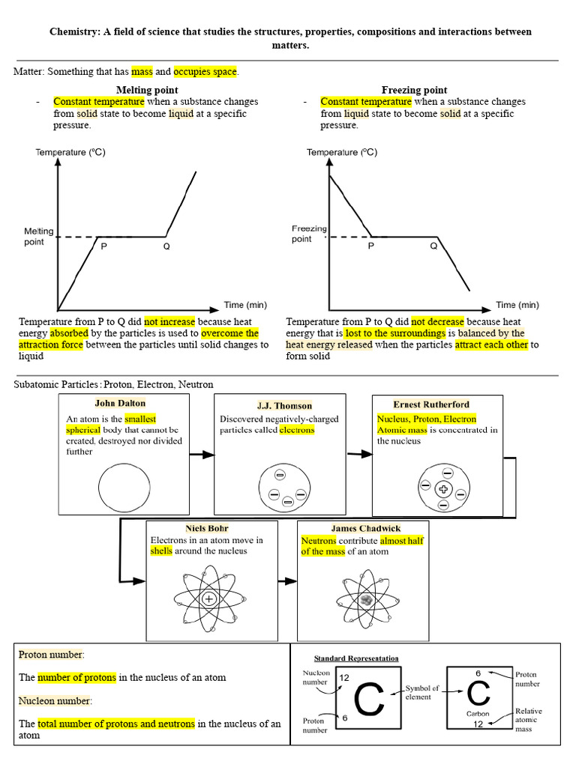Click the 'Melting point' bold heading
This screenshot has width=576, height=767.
[146, 90]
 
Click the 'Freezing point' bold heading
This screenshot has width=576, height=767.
[414, 90]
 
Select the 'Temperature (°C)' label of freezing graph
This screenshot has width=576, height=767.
[341, 152]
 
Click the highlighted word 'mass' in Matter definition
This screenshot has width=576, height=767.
[142, 72]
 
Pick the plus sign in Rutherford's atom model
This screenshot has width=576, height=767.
[443, 489]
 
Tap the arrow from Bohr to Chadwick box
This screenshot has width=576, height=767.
[286, 581]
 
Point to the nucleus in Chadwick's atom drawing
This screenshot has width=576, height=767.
[365, 599]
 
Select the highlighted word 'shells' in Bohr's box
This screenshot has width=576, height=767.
[161, 551]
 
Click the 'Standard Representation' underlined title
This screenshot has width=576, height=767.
[356, 658]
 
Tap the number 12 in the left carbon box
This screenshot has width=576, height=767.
[344, 678]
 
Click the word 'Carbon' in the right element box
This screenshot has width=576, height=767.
[477, 714]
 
